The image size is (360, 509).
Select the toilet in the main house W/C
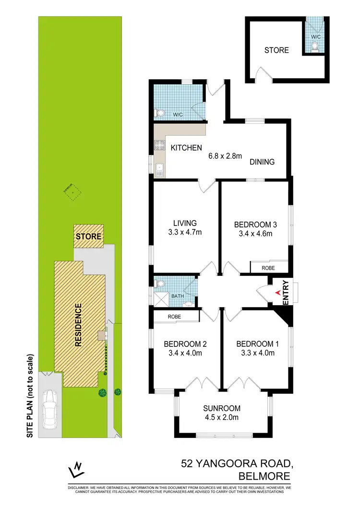click(160, 113)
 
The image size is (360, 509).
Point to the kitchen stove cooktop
click(159, 145)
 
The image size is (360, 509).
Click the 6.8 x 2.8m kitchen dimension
click(225, 155)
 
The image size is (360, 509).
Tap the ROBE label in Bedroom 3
click(268, 268)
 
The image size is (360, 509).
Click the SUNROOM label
click(222, 408)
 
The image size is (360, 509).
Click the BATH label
click(178, 296)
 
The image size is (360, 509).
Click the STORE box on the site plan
click(88, 237)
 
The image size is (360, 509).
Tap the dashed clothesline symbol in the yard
click(72, 193)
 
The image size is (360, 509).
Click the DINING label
click(262, 162)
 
